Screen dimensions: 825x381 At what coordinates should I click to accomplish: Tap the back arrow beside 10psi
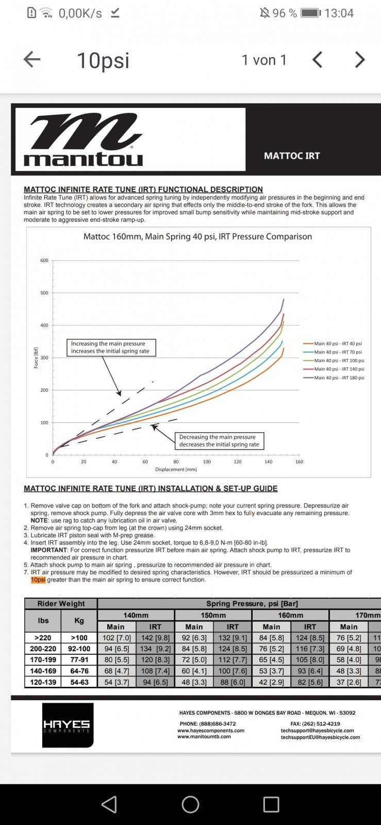[x=32, y=60]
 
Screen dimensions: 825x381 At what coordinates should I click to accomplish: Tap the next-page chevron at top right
[x=360, y=60]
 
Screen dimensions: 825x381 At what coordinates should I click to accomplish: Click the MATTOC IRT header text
[x=292, y=156]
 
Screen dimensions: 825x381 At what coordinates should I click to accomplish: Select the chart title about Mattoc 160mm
[x=197, y=237]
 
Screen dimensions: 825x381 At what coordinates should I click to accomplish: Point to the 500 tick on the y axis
[x=44, y=293]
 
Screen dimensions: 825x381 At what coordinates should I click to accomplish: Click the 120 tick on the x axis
[x=238, y=461]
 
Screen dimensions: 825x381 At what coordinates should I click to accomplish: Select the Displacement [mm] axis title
[x=176, y=470]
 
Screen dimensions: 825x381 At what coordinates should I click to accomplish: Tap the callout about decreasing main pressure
[x=219, y=440]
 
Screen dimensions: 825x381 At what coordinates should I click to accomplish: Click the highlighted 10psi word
[x=38, y=580]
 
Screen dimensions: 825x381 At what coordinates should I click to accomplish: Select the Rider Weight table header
[x=61, y=603]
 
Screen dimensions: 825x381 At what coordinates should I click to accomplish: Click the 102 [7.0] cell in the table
[x=117, y=638]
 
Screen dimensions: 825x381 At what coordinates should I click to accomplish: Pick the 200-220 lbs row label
[x=43, y=649]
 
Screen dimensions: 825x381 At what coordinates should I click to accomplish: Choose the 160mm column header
[x=291, y=615]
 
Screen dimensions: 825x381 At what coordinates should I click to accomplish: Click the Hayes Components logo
[x=68, y=725]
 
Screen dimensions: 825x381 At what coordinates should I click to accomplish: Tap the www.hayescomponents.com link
[x=211, y=730]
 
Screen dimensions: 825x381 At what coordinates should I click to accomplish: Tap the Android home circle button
[x=190, y=804]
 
